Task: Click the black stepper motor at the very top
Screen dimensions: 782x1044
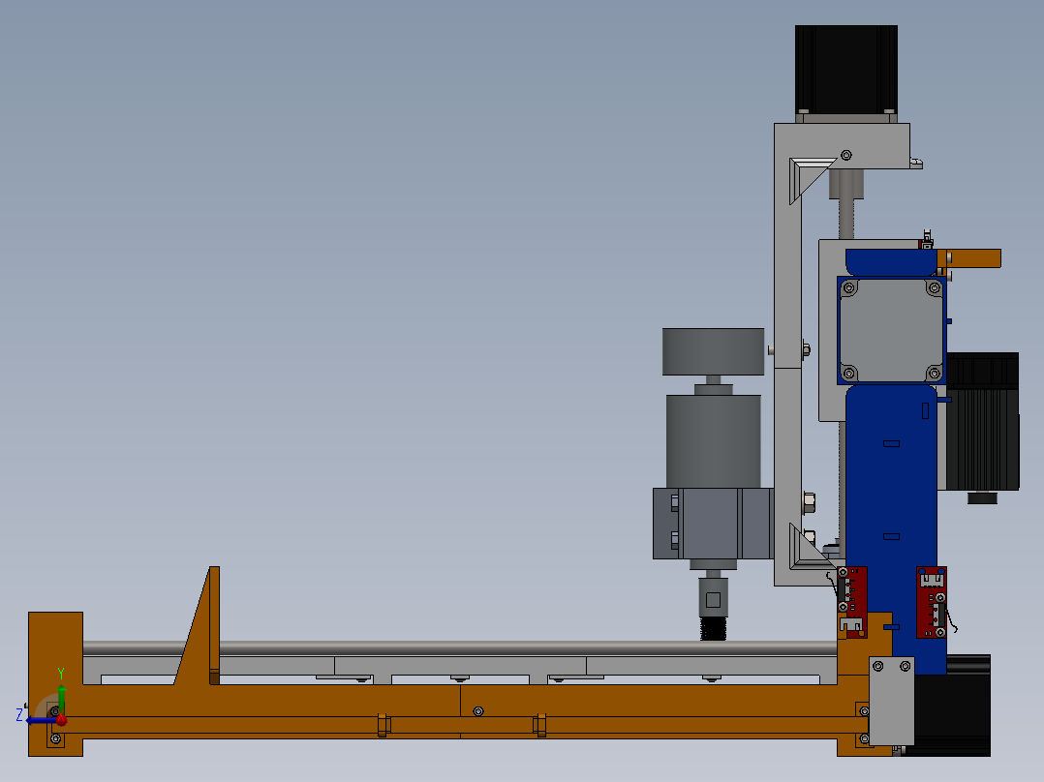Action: click(x=844, y=68)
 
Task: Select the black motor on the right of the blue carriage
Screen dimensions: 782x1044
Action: click(x=982, y=421)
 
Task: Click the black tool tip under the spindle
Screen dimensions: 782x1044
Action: click(x=714, y=627)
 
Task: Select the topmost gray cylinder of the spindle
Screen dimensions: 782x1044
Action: click(x=713, y=351)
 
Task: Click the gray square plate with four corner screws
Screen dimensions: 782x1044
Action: click(x=891, y=330)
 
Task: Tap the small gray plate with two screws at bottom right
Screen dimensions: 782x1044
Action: click(x=892, y=701)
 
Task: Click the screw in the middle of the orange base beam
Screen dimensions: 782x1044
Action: click(x=477, y=711)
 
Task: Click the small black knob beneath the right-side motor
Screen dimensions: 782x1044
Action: click(x=982, y=497)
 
